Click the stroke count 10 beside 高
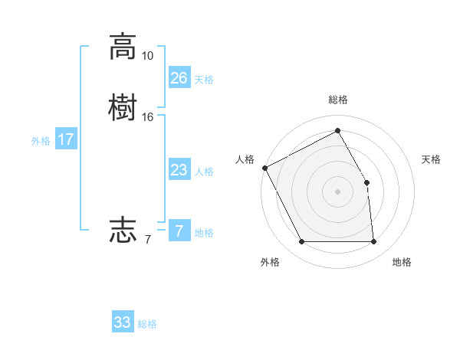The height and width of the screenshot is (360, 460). point(147,56)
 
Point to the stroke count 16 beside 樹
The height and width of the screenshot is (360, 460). point(147,116)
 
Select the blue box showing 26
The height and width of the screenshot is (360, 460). point(179,77)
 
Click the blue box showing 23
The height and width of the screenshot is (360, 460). point(179,170)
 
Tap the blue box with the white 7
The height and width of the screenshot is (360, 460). point(179,231)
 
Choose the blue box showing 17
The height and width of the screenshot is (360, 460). point(66,139)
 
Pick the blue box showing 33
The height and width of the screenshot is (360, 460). point(123,322)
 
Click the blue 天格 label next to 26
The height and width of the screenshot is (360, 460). point(204,80)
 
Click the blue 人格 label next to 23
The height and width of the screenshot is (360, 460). point(204,172)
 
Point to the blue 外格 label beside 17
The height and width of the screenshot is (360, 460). point(41,141)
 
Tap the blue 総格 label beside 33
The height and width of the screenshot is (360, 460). point(148,324)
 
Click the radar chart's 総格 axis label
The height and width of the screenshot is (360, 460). point(338,100)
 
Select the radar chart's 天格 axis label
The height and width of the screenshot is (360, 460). point(432,159)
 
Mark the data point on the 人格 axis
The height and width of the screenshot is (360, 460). point(264,168)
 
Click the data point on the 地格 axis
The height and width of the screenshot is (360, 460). point(373,242)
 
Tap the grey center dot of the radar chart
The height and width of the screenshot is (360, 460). point(338,191)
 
